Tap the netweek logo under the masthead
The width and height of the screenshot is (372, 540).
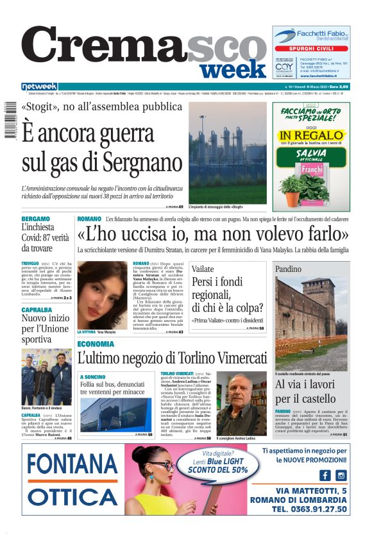click(x=39, y=87)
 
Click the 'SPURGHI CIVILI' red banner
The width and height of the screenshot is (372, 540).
click(x=311, y=48)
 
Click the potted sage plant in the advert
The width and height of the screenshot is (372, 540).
click(x=292, y=185)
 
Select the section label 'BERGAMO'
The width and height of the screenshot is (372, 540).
click(x=35, y=219)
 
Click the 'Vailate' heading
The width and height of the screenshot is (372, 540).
click(x=203, y=269)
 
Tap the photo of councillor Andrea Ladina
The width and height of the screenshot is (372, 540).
click(x=241, y=403)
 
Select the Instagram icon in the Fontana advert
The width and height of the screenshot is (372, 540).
click(x=341, y=475)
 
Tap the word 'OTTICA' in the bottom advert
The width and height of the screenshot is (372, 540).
click(x=71, y=497)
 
